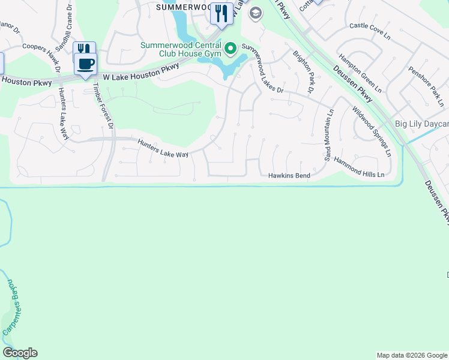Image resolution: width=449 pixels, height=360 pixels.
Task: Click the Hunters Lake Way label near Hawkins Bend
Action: tap(164, 149)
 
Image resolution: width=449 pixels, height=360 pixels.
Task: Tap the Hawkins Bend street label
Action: tap(289, 175)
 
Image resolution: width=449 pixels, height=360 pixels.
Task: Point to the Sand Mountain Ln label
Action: tap(328, 136)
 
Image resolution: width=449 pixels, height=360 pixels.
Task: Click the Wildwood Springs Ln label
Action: tap(372, 131)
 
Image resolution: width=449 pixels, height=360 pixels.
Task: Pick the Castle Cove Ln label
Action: tap(370, 30)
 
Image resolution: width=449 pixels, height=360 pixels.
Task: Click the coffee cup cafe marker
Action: tap(85, 63)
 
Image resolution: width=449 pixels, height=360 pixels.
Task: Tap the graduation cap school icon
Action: tap(255, 13)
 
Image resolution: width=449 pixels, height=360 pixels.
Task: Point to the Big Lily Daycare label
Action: tap(421, 124)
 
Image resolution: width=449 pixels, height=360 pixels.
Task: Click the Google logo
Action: tap(20, 353)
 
